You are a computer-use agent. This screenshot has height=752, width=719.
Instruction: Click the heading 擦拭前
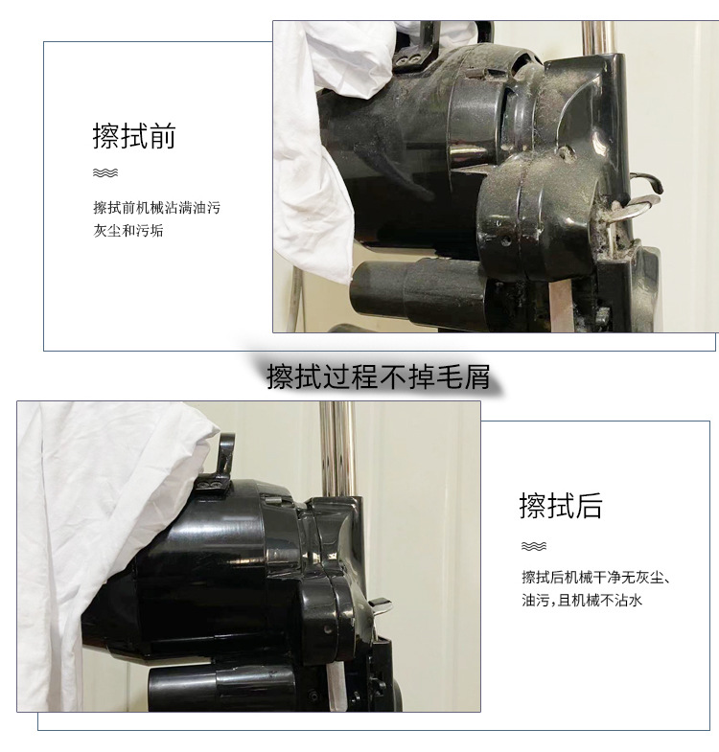pyautogui.click(x=134, y=136)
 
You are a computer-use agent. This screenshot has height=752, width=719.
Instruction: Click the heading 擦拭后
pyautogui.click(x=561, y=505)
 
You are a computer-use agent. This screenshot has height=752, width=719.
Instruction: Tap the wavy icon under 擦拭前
pyautogui.click(x=104, y=173)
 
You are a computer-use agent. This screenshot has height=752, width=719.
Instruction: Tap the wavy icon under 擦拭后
pyautogui.click(x=533, y=546)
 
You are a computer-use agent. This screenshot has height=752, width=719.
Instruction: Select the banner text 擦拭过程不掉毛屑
pyautogui.click(x=379, y=376)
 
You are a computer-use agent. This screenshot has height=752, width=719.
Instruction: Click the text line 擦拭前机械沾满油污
pyautogui.click(x=156, y=207)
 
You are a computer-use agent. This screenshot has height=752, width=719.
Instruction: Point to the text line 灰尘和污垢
pyautogui.click(x=128, y=231)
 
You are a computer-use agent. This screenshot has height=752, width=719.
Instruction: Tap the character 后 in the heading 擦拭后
pyautogui.click(x=589, y=505)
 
